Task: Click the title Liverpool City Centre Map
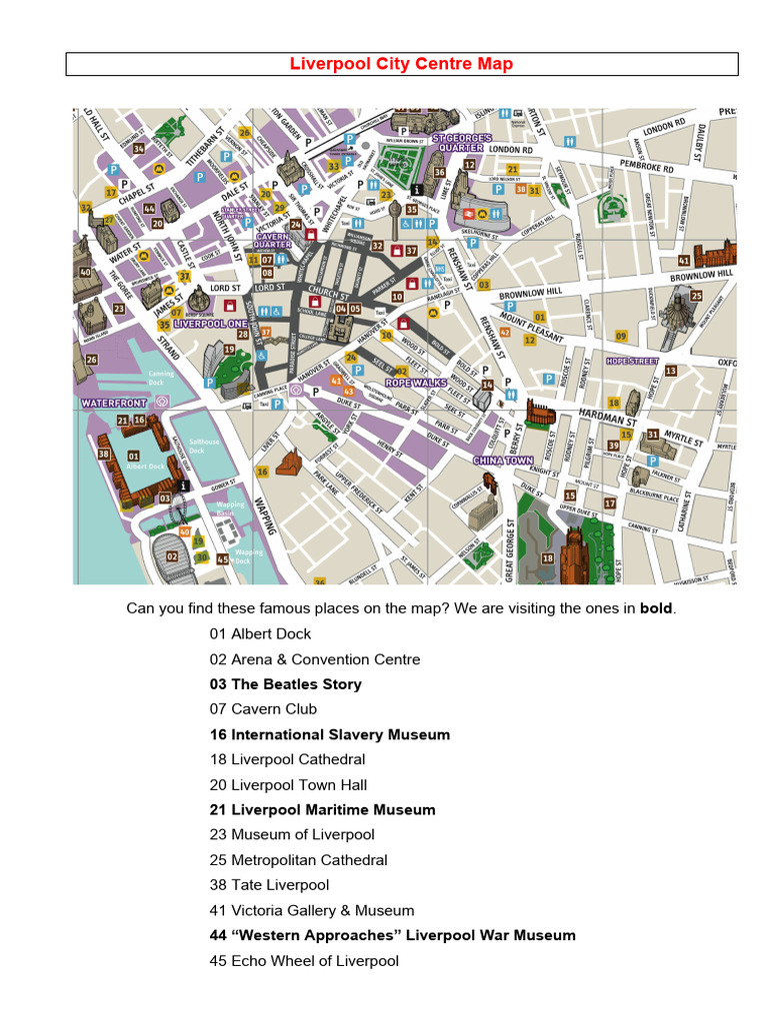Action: (401, 65)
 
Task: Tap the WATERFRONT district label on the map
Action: (113, 403)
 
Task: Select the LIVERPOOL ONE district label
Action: (209, 325)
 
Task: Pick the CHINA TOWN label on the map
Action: (503, 461)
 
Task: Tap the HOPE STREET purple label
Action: (633, 361)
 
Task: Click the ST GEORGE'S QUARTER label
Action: (462, 142)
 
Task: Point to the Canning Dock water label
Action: (161, 378)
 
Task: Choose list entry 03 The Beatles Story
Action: (285, 684)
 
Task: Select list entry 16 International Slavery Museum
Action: (329, 734)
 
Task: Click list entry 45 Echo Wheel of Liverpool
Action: (304, 961)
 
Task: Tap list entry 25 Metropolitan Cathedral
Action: (298, 859)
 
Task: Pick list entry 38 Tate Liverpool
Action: (269, 885)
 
